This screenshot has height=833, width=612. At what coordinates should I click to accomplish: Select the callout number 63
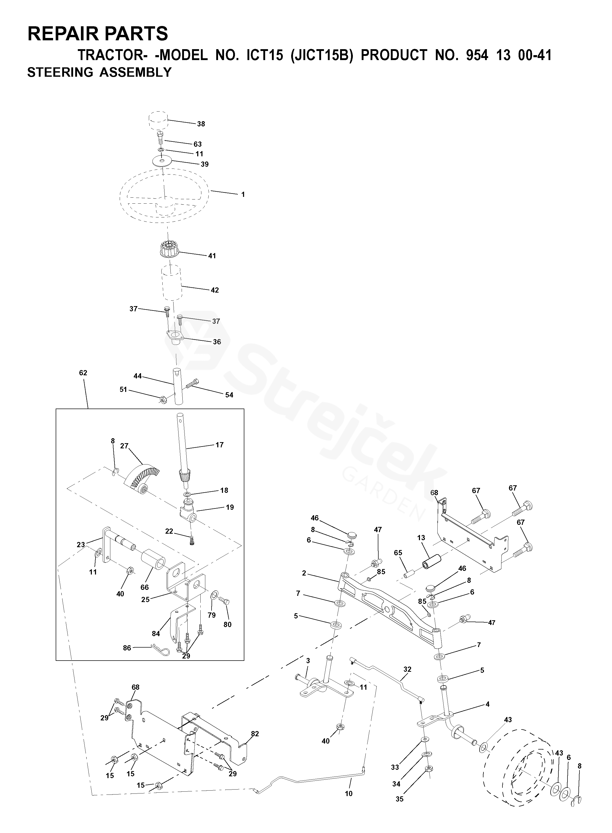point(197,144)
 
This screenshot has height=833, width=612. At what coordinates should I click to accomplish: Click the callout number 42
point(215,290)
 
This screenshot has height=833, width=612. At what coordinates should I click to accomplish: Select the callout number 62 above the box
point(83,373)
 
